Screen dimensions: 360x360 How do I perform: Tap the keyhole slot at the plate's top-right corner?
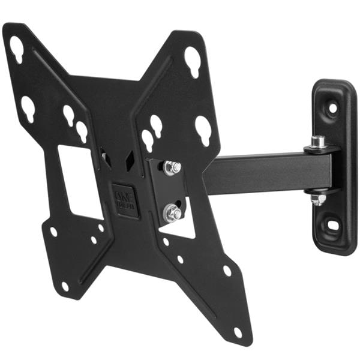click(192, 61)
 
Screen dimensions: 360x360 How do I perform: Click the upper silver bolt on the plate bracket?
click(172, 168)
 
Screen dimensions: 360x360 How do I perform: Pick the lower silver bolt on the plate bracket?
click(173, 211)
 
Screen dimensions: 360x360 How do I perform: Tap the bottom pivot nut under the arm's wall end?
click(319, 199)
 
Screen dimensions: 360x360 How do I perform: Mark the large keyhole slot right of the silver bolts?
click(203, 129)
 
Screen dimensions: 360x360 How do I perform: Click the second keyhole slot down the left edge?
click(28, 109)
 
